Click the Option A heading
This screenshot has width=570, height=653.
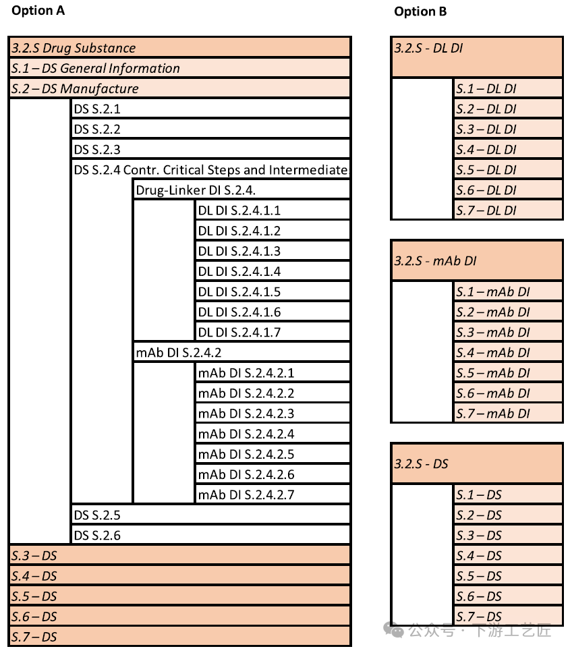pyautogui.click(x=38, y=10)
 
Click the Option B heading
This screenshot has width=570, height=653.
pyautogui.click(x=420, y=11)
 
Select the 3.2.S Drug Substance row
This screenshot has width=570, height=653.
pyautogui.click(x=179, y=48)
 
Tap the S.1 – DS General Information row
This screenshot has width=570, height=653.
pyautogui.click(x=179, y=68)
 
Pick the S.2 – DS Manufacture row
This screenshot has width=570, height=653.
pyautogui.click(x=179, y=88)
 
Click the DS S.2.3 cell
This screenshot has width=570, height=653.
pyautogui.click(x=210, y=149)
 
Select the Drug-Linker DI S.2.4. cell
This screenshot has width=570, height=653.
pyautogui.click(x=241, y=190)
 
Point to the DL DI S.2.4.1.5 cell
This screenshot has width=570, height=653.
pyautogui.click(x=273, y=291)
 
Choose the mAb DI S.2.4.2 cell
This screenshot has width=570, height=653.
pyautogui.click(x=241, y=352)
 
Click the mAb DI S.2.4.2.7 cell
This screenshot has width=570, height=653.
pyautogui.click(x=273, y=494)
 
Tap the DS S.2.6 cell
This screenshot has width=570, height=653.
pyautogui.click(x=210, y=536)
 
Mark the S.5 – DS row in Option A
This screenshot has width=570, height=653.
pyautogui.click(x=179, y=596)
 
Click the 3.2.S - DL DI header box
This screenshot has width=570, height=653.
pyautogui.click(x=476, y=57)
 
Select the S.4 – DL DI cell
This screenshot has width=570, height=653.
pyautogui.click(x=508, y=149)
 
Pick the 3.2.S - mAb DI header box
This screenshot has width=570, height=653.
pyautogui.click(x=476, y=260)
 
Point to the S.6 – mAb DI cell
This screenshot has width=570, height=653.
pyautogui.click(x=508, y=393)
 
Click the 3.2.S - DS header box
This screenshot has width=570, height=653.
pyautogui.click(x=476, y=463)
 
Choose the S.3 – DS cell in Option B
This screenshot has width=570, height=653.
pyautogui.click(x=508, y=535)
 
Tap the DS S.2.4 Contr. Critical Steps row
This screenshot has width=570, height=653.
pyautogui.click(x=210, y=170)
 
